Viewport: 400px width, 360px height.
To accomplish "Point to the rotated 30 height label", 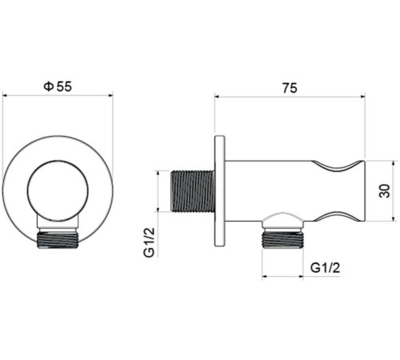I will click(385, 189).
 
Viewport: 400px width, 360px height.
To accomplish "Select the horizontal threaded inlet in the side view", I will click(193, 192).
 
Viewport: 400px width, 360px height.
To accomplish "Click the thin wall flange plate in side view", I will click(219, 192).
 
